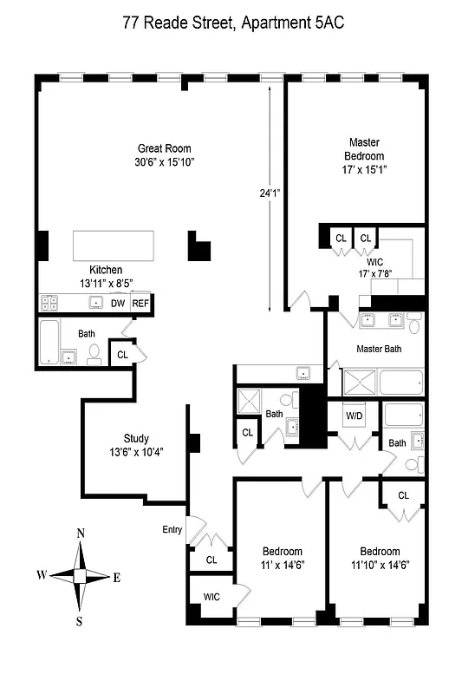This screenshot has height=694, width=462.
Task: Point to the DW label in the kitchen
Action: tap(118, 303)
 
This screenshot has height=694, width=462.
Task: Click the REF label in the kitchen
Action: tap(140, 303)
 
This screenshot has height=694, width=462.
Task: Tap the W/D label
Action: tap(355, 415)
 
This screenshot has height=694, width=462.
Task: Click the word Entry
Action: tap(172, 529)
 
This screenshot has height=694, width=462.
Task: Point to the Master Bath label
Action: tap(379, 349)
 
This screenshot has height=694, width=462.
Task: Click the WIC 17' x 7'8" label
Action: tap(374, 266)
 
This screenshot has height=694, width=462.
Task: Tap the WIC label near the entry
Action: tap(211, 597)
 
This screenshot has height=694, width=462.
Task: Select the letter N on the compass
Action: tap(81, 534)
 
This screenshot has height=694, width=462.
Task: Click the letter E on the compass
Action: tap(116, 576)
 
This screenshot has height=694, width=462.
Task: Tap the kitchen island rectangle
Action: tap(113, 245)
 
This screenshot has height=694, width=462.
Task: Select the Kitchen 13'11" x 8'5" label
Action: tap(106, 276)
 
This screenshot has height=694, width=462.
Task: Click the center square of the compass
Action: tap(80, 575)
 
